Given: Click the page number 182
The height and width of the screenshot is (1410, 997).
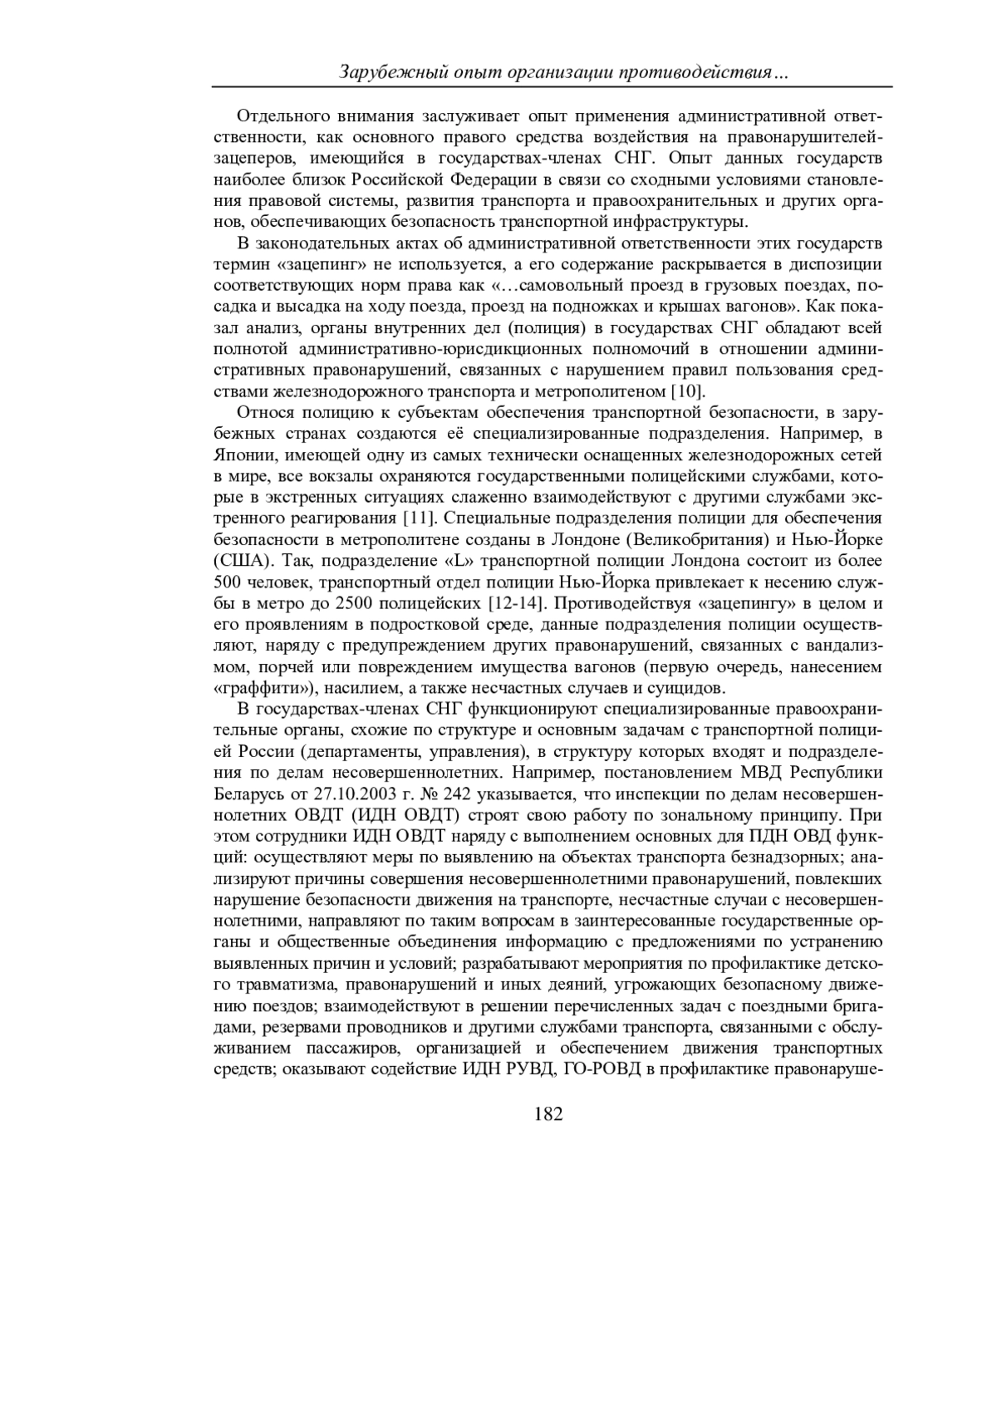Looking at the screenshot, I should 548,1114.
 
